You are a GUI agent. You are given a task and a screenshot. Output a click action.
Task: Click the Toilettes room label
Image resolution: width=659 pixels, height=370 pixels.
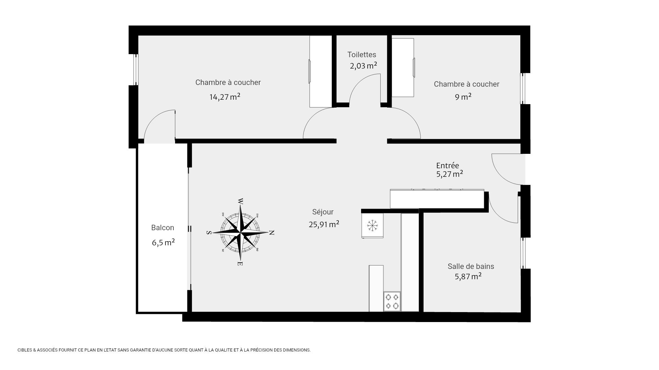click(x=362, y=54)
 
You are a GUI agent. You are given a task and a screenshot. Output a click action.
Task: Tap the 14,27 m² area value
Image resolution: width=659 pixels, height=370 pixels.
click(x=225, y=97)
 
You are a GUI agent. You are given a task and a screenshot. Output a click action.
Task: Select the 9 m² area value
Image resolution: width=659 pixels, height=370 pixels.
click(x=463, y=97)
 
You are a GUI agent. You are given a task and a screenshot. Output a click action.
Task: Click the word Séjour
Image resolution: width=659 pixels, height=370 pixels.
click(x=323, y=212)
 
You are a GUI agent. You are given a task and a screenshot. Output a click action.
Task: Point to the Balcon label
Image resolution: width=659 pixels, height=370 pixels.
click(x=163, y=228)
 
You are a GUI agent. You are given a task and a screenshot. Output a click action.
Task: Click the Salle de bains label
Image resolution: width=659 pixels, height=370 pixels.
click(x=471, y=266)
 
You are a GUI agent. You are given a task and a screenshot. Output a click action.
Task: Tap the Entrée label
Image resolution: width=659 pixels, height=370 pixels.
click(x=448, y=166)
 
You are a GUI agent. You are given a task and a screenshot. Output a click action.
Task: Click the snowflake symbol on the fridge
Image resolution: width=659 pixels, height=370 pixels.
click(x=372, y=225)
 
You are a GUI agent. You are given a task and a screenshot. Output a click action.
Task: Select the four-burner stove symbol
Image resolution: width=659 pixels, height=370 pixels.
click(x=392, y=301)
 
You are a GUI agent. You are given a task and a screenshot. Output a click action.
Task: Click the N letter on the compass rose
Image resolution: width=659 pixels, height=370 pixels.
click(x=271, y=233)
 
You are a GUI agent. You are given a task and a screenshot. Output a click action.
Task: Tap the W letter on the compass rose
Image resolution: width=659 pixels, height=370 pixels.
click(x=241, y=201)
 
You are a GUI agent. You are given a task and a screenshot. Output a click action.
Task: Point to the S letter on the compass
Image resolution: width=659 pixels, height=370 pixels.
click(x=208, y=233)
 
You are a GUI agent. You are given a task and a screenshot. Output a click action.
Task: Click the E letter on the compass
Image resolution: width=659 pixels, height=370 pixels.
click(x=240, y=264)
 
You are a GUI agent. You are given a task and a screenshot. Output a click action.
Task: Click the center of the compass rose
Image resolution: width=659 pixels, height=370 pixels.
click(x=240, y=233)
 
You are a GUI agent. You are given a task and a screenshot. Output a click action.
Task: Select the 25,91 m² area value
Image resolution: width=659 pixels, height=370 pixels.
click(x=324, y=224)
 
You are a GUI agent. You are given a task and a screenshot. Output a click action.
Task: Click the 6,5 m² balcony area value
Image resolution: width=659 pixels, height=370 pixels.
click(x=163, y=243)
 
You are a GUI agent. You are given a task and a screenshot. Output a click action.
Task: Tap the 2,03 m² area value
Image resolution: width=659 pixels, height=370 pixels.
click(x=363, y=66)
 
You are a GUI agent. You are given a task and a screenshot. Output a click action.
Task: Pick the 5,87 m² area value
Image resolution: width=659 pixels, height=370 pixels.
click(x=468, y=276)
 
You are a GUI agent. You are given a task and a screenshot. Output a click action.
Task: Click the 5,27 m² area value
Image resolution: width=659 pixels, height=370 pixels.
click(x=450, y=174)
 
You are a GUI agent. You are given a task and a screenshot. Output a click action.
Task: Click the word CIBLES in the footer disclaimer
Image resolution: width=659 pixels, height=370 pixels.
click(x=23, y=350)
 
